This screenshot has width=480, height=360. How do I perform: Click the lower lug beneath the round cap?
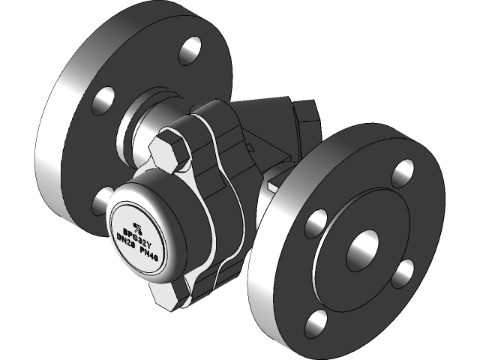(169, 293)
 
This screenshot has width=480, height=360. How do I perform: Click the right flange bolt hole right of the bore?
(404, 269)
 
